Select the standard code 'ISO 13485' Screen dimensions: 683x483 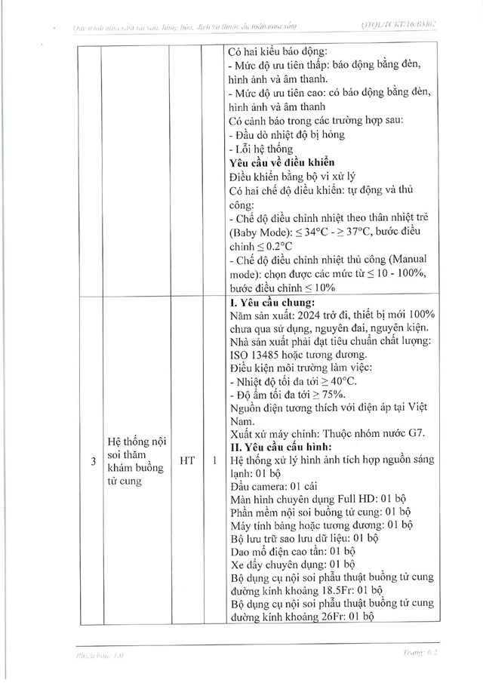pos(257,355)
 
